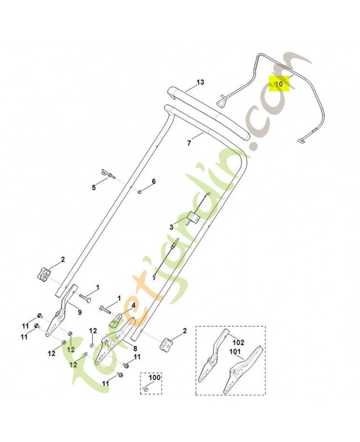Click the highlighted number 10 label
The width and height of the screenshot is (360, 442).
tap(279, 84)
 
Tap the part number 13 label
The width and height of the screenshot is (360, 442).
tap(200, 82)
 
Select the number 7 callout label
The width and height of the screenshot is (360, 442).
tap(189, 143)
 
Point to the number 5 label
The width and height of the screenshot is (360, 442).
tap(94, 187)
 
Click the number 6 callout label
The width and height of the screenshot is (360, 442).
tap(154, 181)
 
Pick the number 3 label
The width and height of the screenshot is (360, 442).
tap(171, 227)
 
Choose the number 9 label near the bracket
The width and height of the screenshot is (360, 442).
tap(80, 312)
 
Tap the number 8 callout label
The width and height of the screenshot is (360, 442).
tap(135, 349)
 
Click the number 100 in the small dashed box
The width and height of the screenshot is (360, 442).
tap(155, 377)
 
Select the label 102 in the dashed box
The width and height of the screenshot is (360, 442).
tap(239, 343)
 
